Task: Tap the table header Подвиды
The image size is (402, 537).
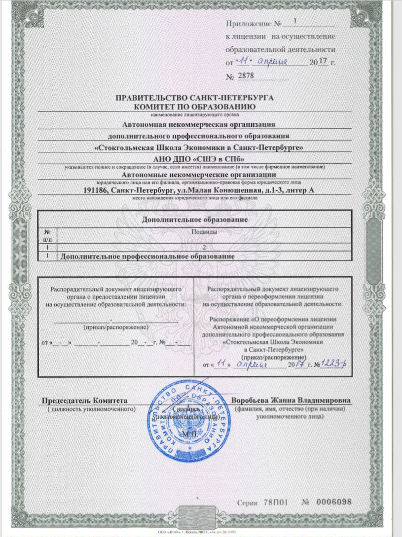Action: [204, 232]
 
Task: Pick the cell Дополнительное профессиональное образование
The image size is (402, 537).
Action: [146, 256]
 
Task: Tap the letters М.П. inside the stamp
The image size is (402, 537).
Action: [190, 434]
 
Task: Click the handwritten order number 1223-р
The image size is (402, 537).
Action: [335, 364]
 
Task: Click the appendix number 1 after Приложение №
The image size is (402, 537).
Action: [295, 21]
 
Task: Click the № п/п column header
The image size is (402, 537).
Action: [48, 235]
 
